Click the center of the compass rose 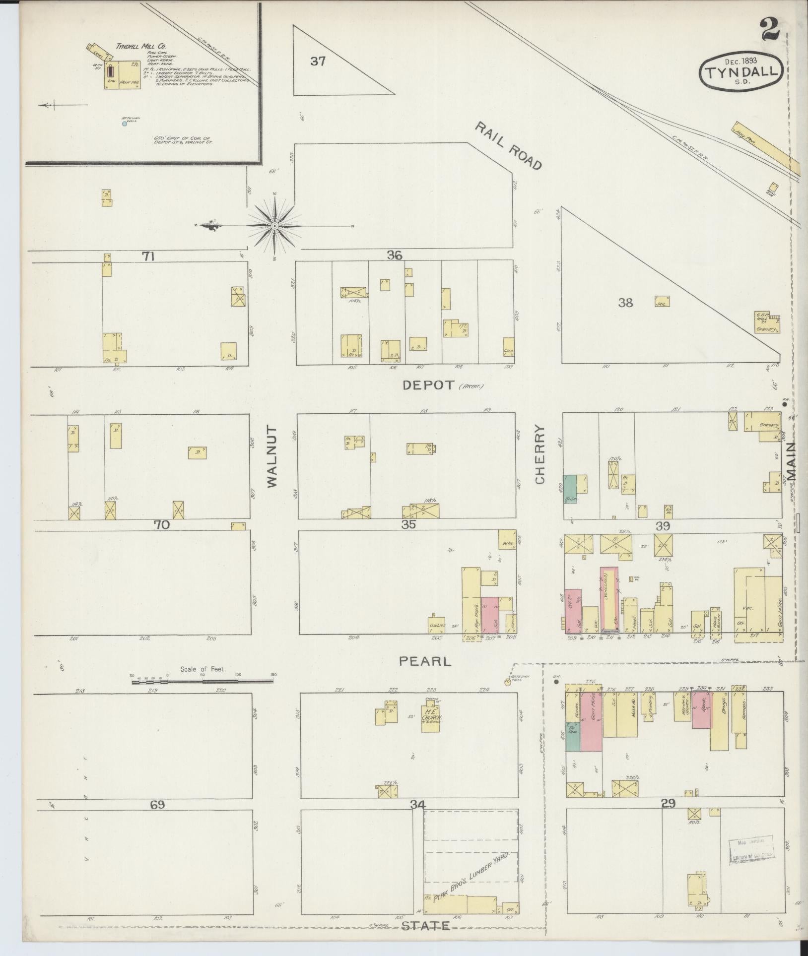pos(274,226)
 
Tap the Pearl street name pos(425,661)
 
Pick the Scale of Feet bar pos(203,682)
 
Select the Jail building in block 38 pos(662,301)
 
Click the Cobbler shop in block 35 pos(437,625)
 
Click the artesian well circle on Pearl pos(508,682)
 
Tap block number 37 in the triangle pos(318,62)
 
